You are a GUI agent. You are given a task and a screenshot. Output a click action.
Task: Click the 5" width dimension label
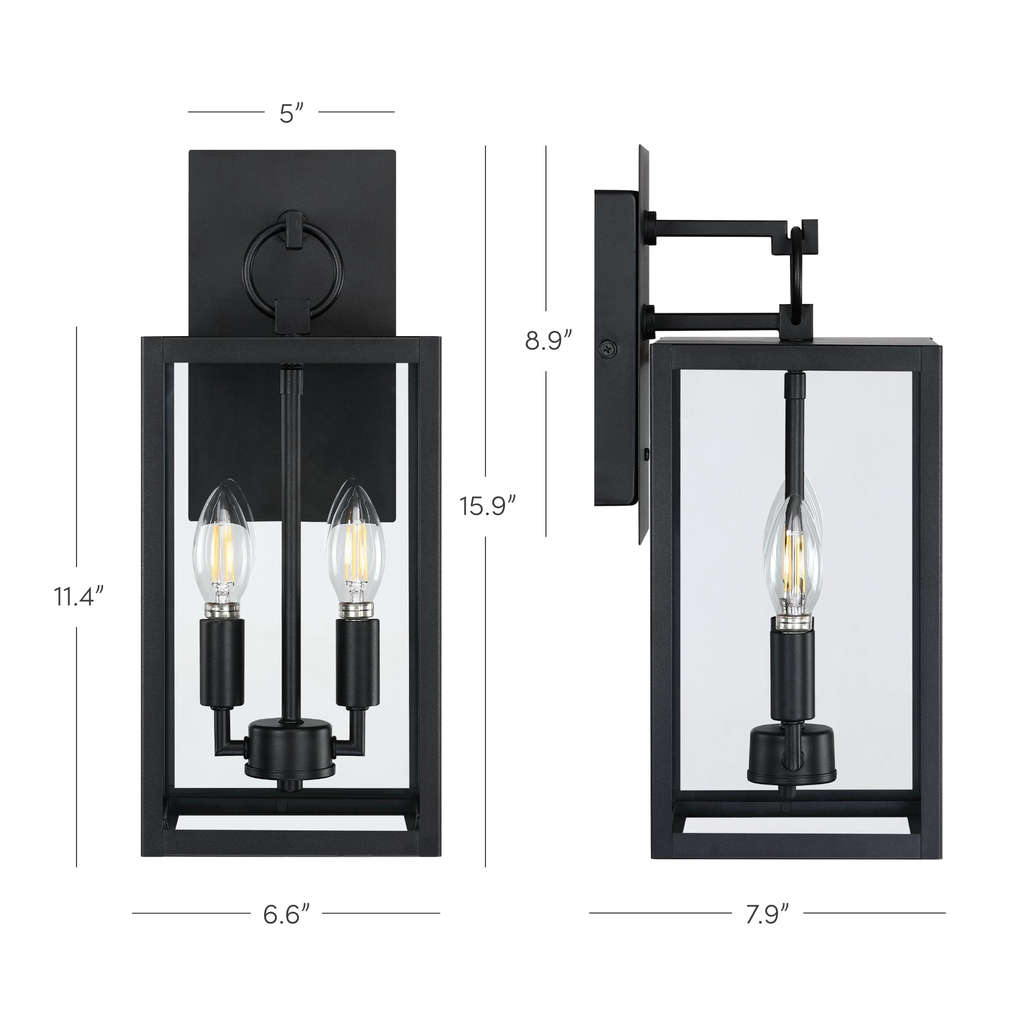point(291,113)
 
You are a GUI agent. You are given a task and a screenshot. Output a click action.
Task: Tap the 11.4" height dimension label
point(78,596)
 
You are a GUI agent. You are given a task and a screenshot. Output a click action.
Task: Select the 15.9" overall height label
point(486,506)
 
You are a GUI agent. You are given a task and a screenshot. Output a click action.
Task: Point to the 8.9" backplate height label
point(548,340)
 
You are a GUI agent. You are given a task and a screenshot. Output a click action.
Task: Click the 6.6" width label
point(286,914)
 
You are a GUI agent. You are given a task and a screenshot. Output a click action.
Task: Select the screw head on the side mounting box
point(607,347)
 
